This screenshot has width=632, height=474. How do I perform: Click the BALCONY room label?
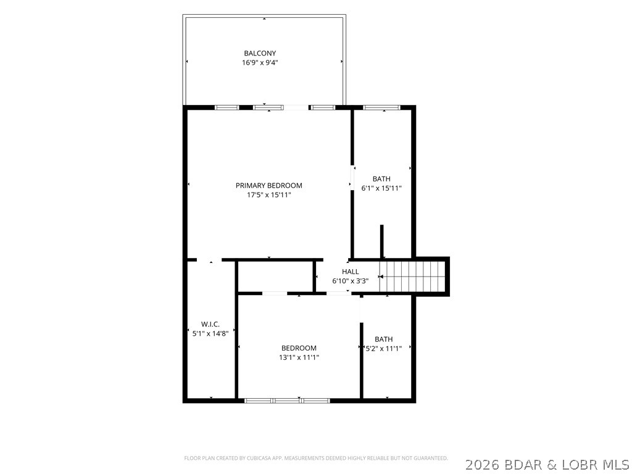coord(260,53)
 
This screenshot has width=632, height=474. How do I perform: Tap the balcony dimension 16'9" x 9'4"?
coord(260,63)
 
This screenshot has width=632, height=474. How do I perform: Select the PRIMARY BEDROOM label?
coord(269,185)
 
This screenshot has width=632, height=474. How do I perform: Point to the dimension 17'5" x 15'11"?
coord(269,195)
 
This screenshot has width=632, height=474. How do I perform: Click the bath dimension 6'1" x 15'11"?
coord(381,188)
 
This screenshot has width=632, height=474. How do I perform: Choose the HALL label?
coord(351,272)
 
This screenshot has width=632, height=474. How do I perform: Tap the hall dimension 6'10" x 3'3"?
coord(351,281)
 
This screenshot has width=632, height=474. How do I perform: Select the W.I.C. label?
coord(210,324)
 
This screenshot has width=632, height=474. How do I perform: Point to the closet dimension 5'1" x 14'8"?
coord(210,334)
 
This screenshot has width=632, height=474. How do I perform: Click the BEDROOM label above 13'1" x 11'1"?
coord(299,348)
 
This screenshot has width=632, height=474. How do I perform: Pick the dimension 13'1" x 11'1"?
coord(299,357)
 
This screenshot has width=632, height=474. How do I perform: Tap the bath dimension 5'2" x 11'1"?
coord(383,349)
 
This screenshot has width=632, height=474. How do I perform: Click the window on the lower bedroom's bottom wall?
coord(288,401)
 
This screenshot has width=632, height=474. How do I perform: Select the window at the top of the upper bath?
coord(381,107)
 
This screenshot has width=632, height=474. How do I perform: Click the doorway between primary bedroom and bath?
coord(352,178)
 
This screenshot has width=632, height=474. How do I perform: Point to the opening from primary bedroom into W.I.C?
coord(209,260)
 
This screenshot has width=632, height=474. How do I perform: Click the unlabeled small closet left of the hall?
coord(275,276)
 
